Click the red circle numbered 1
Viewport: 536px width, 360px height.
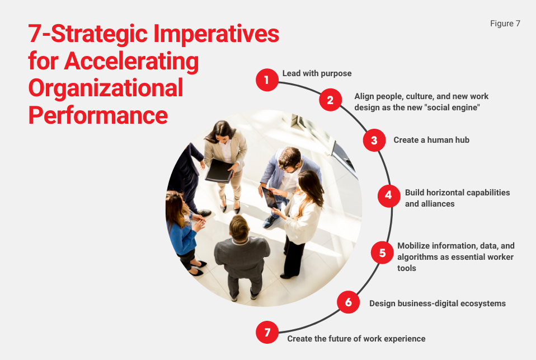click(267, 80)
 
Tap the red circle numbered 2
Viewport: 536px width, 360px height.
click(330, 100)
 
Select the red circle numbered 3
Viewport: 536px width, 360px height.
click(374, 140)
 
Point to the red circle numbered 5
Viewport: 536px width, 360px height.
click(382, 253)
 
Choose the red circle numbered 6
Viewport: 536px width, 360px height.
click(348, 303)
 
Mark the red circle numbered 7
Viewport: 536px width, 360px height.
click(267, 333)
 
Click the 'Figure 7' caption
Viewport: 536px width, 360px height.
click(505, 24)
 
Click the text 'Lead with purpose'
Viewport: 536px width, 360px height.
click(317, 73)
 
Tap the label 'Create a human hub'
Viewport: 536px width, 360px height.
click(431, 140)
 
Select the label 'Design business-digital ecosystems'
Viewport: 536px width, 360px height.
click(437, 303)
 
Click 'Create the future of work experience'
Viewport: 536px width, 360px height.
click(356, 339)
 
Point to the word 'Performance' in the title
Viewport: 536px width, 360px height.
click(98, 115)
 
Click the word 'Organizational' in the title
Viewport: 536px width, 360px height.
click(106, 88)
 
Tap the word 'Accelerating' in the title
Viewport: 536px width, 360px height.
click(131, 61)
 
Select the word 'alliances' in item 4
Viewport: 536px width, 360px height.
click(430, 204)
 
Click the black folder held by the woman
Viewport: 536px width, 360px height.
click(219, 170)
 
